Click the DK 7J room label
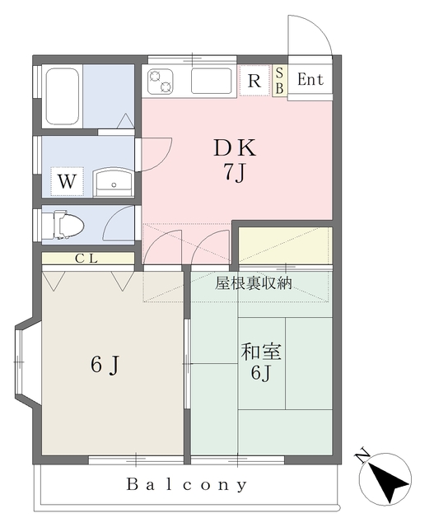click(236, 160)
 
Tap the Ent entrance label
click(310, 80)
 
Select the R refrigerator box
click(254, 81)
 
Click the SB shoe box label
click(279, 81)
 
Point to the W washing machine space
click(67, 180)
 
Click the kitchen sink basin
click(214, 82)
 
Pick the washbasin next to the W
click(112, 181)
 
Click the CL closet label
click(87, 259)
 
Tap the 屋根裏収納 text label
click(253, 283)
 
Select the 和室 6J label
click(261, 361)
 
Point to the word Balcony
click(187, 484)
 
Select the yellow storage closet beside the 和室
click(285, 245)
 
